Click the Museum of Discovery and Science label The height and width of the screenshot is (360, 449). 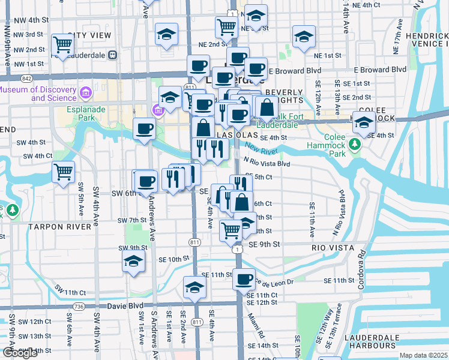tap(38, 94)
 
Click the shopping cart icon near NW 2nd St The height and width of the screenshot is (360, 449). tap(62, 44)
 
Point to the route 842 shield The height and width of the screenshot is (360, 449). tap(25, 78)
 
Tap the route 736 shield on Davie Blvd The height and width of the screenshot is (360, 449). tap(79, 306)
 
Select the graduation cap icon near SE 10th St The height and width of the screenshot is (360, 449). tap(133, 262)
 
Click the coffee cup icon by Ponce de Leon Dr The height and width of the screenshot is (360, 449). tap(244, 279)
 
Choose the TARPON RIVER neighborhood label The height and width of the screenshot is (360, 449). tap(67, 227)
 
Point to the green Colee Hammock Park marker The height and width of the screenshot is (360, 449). tap(355, 145)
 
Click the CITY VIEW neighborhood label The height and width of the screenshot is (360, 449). tap(89, 36)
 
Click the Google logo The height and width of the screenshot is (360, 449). tap(20, 353)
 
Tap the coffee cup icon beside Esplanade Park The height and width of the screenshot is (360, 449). tap(143, 129)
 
